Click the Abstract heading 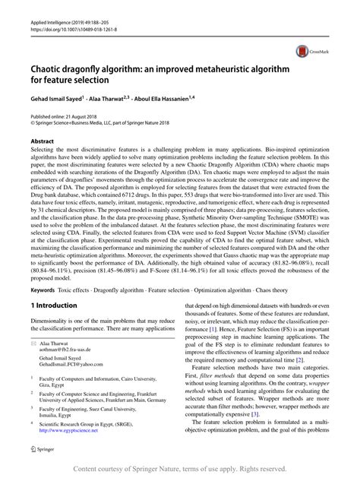(42, 141)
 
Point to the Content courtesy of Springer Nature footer (179, 470)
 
